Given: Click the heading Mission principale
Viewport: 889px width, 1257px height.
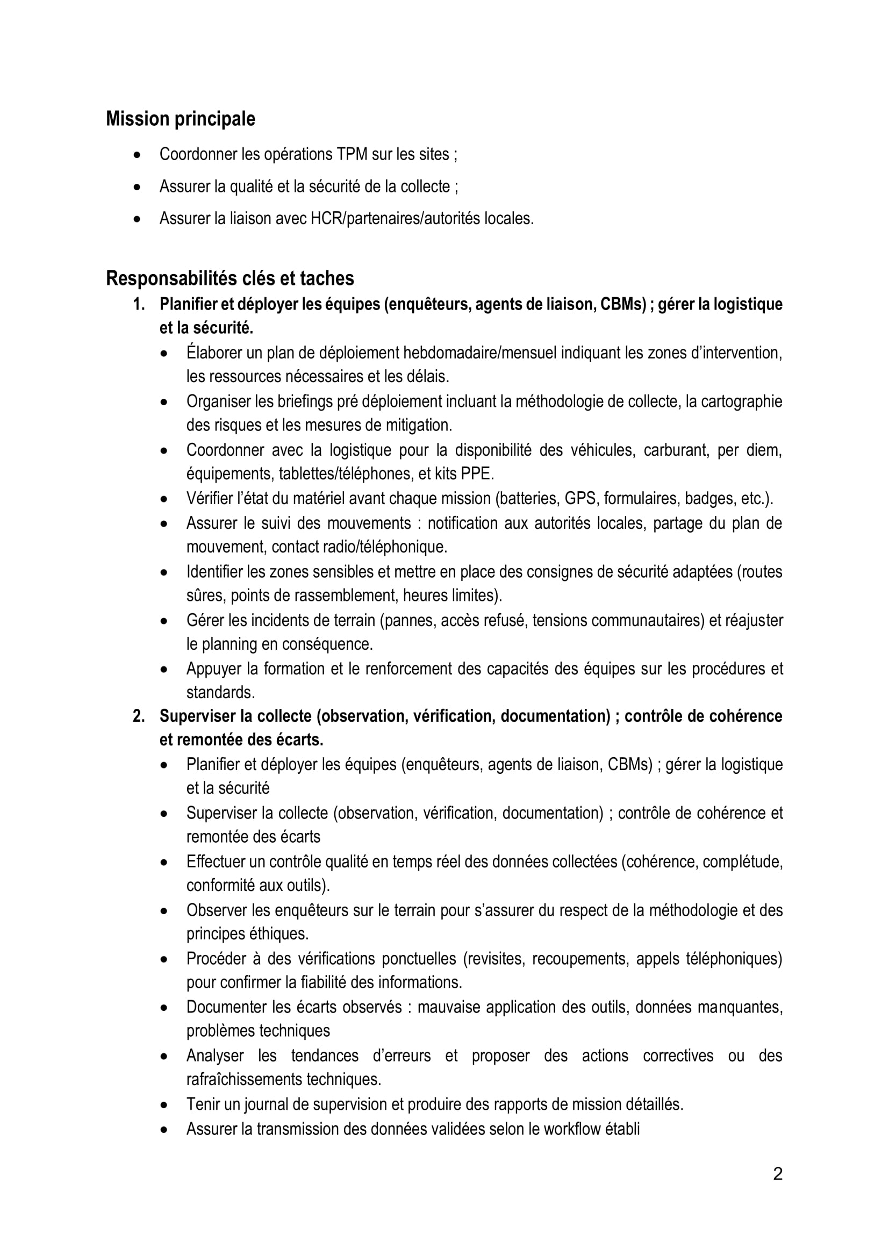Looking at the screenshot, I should click(x=180, y=119).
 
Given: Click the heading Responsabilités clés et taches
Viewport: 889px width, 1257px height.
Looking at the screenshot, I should click(x=230, y=279).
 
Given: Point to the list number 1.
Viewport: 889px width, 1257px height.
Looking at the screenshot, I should click(x=139, y=304).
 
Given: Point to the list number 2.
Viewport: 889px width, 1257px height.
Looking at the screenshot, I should click(x=139, y=716).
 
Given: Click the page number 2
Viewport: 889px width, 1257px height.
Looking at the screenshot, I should click(x=778, y=1174).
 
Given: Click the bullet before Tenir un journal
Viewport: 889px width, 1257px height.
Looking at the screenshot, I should click(x=164, y=1105).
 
